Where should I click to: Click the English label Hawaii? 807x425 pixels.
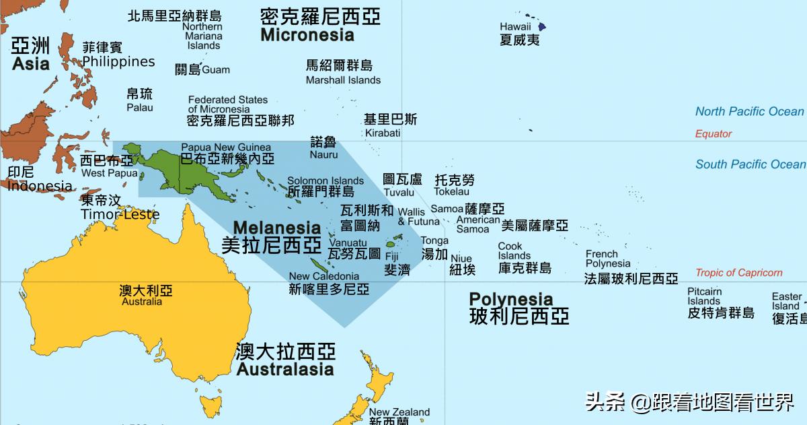pyautogui.click(x=516, y=27)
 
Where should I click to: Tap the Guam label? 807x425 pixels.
pyautogui.click(x=216, y=69)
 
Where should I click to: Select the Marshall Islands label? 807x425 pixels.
pyautogui.click(x=343, y=80)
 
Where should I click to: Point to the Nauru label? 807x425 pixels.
pyautogui.click(x=323, y=155)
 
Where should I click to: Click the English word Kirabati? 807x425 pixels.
pyautogui.click(x=383, y=133)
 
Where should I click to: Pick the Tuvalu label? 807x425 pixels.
pyautogui.click(x=399, y=193)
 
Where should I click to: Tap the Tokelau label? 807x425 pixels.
pyautogui.click(x=452, y=192)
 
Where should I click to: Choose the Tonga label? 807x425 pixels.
pyautogui.click(x=434, y=240)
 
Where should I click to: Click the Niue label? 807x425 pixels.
pyautogui.click(x=461, y=259)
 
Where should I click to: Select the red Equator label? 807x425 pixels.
pyautogui.click(x=714, y=134)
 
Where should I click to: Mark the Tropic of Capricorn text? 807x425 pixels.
pyautogui.click(x=739, y=273)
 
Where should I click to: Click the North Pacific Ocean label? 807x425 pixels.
pyautogui.click(x=749, y=112)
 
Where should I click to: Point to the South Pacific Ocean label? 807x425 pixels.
pyautogui.click(x=750, y=164)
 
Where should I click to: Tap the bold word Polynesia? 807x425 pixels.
pyautogui.click(x=511, y=299)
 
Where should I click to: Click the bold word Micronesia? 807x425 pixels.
pyautogui.click(x=307, y=34)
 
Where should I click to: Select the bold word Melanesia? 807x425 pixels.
pyautogui.click(x=277, y=227)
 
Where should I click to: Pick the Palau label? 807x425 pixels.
pyautogui.click(x=140, y=107)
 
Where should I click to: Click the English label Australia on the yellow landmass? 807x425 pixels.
pyautogui.click(x=142, y=302)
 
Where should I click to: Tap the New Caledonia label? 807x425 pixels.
pyautogui.click(x=324, y=276)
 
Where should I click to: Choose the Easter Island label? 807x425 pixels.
pyautogui.click(x=786, y=301)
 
